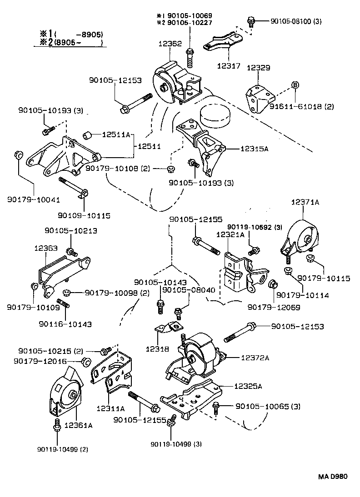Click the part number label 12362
point(170,44)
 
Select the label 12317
point(229,66)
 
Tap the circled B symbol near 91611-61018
point(295,85)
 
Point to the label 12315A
point(241,148)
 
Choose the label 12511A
point(116,134)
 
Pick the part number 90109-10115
point(84,215)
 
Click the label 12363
point(45,248)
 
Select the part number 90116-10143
point(65,324)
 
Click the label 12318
point(157,348)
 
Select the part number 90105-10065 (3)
point(267,406)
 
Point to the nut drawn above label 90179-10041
point(17,155)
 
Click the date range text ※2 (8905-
point(68,43)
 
